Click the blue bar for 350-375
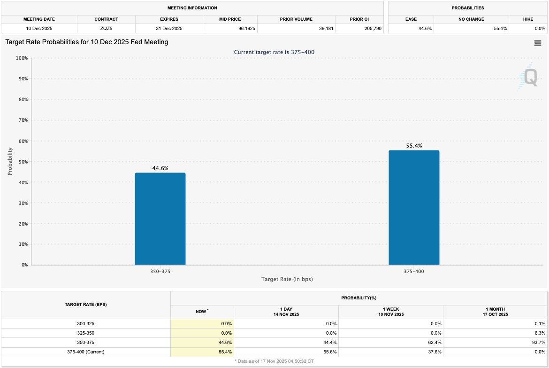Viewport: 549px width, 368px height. click(160, 219)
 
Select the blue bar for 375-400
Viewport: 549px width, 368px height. click(414, 207)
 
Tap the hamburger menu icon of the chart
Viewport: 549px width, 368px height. click(538, 43)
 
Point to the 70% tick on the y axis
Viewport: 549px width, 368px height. click(23, 120)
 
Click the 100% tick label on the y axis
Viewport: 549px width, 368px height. click(22, 58)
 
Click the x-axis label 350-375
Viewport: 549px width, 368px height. click(160, 271)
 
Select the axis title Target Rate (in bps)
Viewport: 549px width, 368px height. click(287, 279)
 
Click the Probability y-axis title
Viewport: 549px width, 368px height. click(10, 162)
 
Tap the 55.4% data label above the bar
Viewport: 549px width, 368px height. click(414, 146)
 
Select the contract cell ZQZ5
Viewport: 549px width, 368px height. click(106, 29)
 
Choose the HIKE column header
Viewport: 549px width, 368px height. click(527, 19)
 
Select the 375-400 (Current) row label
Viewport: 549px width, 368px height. click(86, 352)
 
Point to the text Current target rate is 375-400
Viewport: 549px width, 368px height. click(274, 52)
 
